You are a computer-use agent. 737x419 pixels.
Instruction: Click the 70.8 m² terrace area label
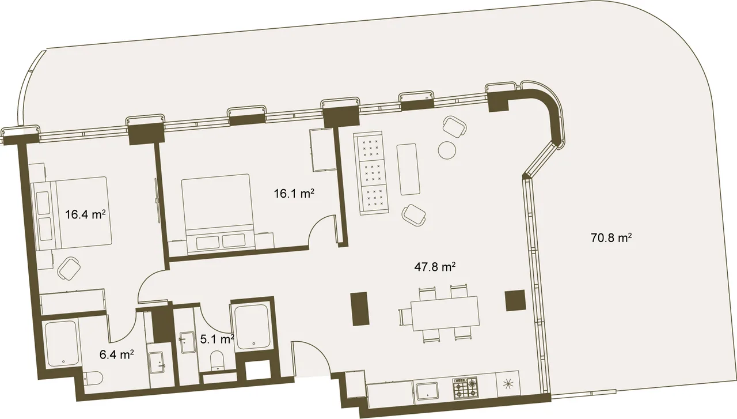click(611, 237)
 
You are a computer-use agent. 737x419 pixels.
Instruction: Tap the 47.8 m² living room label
click(435, 267)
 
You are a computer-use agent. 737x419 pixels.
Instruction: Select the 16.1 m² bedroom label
click(294, 193)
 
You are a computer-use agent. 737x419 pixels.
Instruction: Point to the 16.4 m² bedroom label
click(85, 215)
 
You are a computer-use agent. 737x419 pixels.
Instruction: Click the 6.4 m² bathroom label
click(116, 355)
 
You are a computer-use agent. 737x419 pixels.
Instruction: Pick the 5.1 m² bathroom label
click(217, 339)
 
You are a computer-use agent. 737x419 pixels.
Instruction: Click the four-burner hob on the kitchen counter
click(465, 388)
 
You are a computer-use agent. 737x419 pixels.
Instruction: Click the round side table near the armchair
click(447, 150)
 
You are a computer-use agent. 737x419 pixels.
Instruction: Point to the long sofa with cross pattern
click(370, 173)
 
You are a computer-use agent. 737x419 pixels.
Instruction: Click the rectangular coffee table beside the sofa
click(408, 169)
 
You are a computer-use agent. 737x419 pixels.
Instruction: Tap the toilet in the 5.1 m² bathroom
click(216, 360)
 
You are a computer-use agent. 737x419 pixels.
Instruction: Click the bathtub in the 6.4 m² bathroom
click(62, 343)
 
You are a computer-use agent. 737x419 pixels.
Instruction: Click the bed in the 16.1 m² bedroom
click(218, 214)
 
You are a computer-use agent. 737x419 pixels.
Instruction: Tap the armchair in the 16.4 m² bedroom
click(69, 269)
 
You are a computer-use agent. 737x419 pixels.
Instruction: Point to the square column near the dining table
click(515, 300)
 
